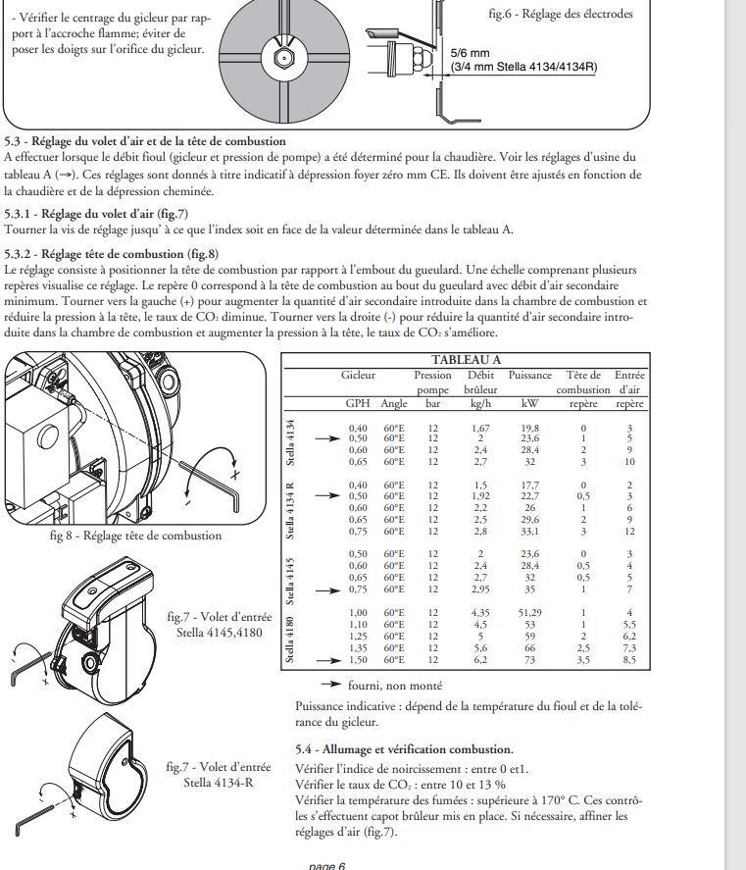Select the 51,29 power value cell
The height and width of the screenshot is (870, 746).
coord(529,613)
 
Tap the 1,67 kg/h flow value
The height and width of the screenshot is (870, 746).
coord(480,429)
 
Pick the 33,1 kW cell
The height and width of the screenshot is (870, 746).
coord(529,532)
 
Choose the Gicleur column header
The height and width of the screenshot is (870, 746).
coord(358,376)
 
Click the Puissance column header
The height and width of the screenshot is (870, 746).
coord(530,376)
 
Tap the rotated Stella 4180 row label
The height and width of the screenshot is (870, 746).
coord(289,638)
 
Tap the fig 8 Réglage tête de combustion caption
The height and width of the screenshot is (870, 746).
coord(135,536)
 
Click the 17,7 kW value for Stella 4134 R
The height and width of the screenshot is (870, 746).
coord(529,485)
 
